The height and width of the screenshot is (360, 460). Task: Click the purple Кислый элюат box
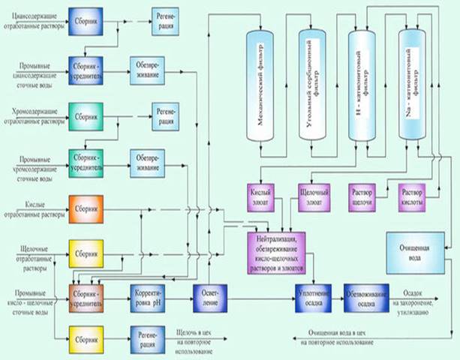[263, 197]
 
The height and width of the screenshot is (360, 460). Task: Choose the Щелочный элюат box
[314, 197]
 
